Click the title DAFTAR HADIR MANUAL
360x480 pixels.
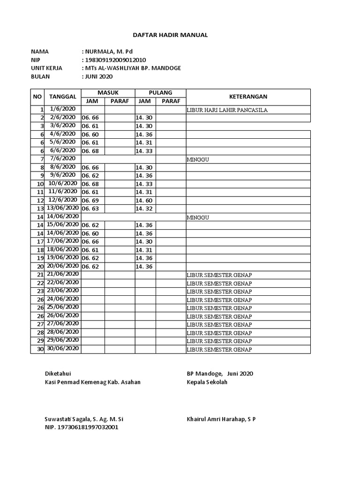click(x=171, y=35)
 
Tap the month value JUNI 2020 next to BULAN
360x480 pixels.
click(x=99, y=76)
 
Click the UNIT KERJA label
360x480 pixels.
click(x=46, y=68)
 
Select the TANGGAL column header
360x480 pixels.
click(x=62, y=97)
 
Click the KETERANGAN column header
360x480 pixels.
click(x=248, y=97)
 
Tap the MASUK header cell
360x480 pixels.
click(x=108, y=93)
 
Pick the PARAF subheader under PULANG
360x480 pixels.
click(x=171, y=101)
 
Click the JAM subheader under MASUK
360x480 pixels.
click(x=93, y=101)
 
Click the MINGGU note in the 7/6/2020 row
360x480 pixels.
click(x=197, y=159)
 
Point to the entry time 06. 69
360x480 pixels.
click(x=90, y=200)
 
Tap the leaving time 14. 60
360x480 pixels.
click(x=144, y=200)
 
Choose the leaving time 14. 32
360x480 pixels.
click(x=144, y=209)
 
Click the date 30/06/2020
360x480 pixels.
click(x=63, y=348)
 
